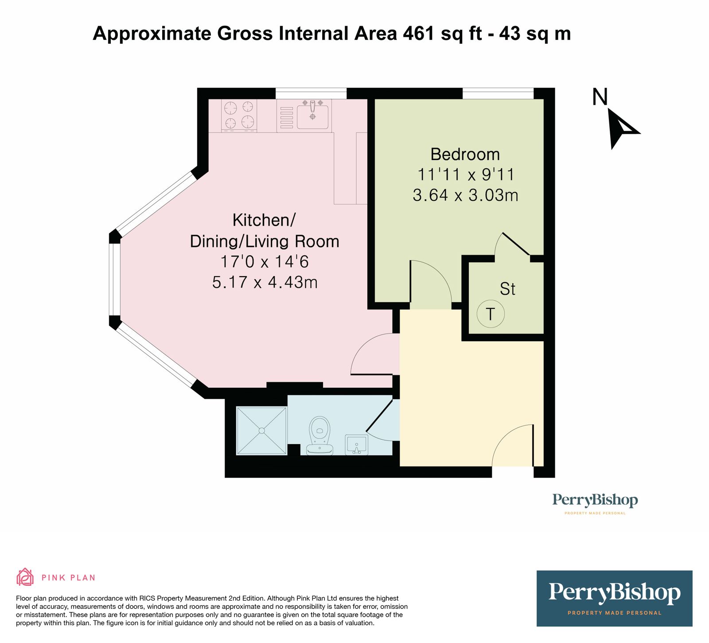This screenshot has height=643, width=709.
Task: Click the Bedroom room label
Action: [465, 154]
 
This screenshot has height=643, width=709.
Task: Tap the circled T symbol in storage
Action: [491, 314]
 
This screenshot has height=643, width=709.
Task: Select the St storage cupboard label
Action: [507, 289]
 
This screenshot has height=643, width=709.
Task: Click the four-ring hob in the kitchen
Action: [239, 115]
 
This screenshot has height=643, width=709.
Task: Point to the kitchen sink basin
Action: [312, 116]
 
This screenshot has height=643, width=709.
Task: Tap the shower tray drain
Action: [262, 430]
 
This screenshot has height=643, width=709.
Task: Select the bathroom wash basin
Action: [357, 444]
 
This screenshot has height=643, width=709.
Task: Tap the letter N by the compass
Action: [600, 97]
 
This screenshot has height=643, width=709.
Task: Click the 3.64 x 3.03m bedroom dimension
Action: [465, 195]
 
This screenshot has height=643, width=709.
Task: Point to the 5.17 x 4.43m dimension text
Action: [265, 282]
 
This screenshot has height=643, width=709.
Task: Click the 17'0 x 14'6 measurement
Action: [265, 261]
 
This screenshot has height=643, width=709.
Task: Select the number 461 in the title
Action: [418, 34]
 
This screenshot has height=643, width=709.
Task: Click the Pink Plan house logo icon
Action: [25, 577]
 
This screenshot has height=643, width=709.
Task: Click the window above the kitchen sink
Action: [311, 94]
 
